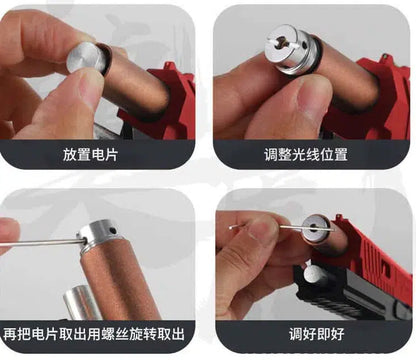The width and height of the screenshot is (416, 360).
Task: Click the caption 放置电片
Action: point(90,155)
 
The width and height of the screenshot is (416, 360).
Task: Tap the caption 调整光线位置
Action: point(306,155)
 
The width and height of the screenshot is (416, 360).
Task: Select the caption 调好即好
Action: point(316,334)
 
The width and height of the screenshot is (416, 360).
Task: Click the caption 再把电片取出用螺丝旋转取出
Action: point(94,334)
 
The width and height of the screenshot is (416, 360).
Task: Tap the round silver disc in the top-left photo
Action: point(86,59)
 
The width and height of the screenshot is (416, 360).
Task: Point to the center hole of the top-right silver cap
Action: point(284,41)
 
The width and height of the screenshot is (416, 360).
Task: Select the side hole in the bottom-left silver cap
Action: point(114,230)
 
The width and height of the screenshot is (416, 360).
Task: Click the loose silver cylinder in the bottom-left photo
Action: point(82,303)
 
